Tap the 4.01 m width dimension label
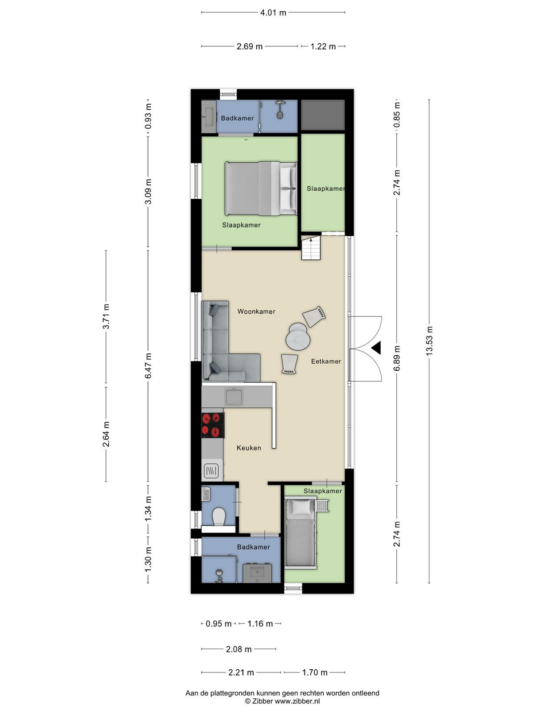click(273, 12)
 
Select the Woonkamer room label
click(256, 311)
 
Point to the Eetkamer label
click(326, 361)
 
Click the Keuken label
click(249, 448)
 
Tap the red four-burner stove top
click(213, 425)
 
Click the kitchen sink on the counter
click(234, 396)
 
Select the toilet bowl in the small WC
click(218, 516)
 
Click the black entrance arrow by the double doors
click(376, 348)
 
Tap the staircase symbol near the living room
click(311, 248)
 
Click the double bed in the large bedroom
click(261, 189)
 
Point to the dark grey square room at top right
click(322, 115)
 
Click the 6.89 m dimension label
click(397, 358)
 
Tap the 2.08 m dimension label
click(239, 649)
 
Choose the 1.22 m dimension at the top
click(323, 46)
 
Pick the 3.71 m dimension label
click(106, 316)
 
